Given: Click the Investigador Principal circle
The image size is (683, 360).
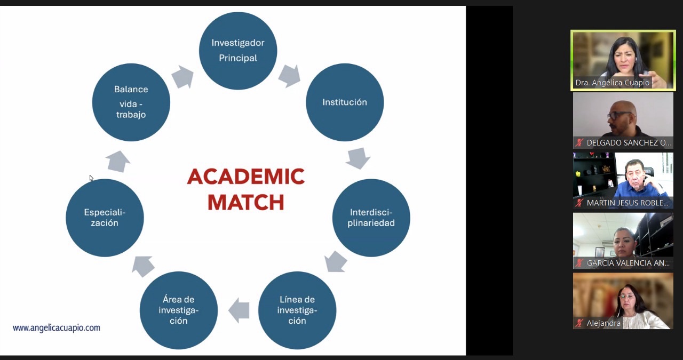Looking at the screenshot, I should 238,51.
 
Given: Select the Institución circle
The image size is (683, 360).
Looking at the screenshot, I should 345,102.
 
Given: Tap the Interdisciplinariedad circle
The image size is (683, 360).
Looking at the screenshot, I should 371,218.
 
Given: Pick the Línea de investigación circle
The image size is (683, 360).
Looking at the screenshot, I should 297,310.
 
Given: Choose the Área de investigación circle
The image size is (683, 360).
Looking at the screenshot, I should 179,310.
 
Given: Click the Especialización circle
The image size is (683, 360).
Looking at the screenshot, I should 105,218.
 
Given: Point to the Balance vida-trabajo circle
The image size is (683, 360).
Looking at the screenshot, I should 131,102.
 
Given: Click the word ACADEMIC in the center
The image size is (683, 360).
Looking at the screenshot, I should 245,177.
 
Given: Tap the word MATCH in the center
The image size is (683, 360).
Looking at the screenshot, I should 245,203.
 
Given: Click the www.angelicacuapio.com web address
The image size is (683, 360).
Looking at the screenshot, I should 57,327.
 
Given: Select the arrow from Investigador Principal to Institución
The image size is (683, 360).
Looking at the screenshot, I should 289,76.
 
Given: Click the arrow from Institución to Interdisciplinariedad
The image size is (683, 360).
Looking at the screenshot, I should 358,158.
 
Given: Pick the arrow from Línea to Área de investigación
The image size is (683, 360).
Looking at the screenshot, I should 239,310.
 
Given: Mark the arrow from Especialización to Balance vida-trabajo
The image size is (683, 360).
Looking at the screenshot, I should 118,161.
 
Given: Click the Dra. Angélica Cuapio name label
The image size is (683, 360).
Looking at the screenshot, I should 612,83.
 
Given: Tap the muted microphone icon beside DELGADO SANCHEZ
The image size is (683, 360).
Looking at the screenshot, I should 579,143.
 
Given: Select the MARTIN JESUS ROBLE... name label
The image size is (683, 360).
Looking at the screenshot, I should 627,203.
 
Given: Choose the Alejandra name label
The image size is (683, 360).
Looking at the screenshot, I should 603,323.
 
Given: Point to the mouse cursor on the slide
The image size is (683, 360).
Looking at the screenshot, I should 91,178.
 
